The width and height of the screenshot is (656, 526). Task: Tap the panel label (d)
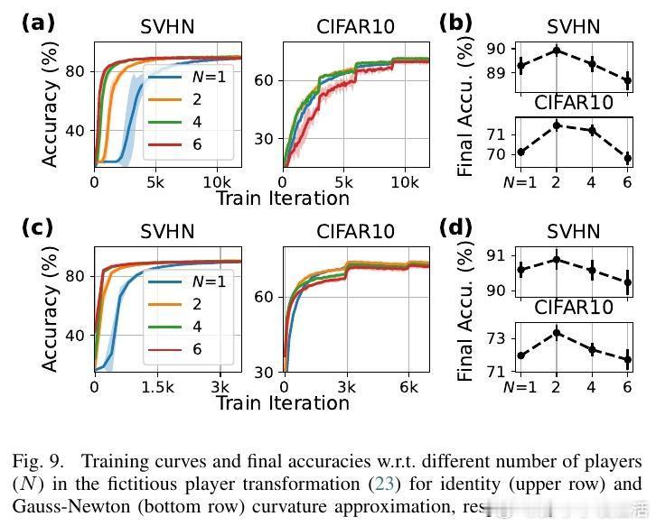[x=455, y=227]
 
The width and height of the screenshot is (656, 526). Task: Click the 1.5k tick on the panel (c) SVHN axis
[x=157, y=386]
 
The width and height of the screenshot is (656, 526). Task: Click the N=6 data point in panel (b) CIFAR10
[x=627, y=158]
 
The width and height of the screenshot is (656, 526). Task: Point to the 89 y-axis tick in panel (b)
[x=496, y=73]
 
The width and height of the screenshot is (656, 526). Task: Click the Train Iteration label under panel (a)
[x=282, y=198]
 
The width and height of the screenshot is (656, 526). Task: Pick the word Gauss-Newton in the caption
[x=64, y=505]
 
